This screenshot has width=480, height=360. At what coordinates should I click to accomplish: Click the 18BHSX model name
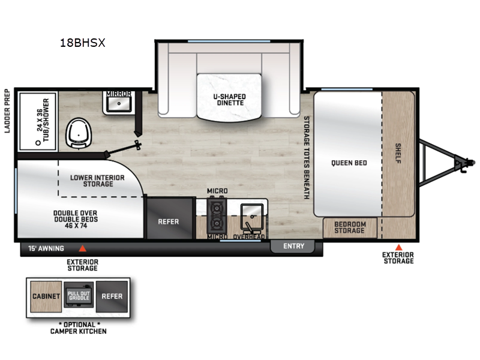(x=83, y=43)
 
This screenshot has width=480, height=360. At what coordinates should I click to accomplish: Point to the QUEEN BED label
(x=349, y=163)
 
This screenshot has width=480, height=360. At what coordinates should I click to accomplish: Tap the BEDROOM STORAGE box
(x=349, y=227)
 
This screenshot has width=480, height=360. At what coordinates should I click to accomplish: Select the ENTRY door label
(x=294, y=246)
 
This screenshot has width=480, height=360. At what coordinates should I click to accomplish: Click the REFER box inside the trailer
(x=168, y=221)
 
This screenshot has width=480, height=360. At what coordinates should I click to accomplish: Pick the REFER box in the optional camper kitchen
(x=112, y=296)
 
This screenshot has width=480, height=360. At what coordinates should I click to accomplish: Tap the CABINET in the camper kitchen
(x=44, y=296)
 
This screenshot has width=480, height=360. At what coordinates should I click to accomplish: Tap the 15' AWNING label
(x=46, y=247)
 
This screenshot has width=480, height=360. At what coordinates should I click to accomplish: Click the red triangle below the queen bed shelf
(x=398, y=247)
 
